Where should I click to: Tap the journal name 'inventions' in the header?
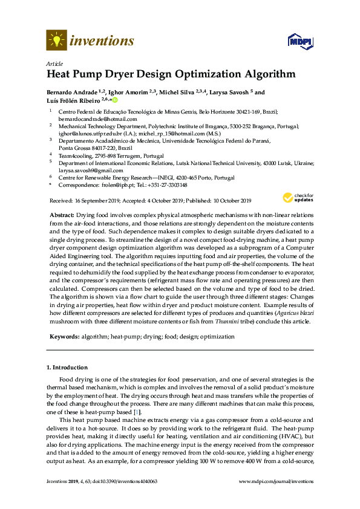(102, 41)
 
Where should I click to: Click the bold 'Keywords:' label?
(63, 336)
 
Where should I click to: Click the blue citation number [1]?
(137, 412)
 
